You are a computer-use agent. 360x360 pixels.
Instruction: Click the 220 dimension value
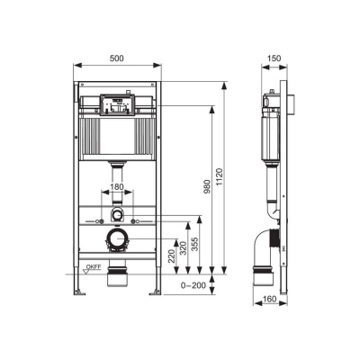pos(171,256)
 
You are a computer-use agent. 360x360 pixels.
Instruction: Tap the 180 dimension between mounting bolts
pos(116,188)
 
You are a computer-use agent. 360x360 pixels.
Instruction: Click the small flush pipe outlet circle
pos(116,216)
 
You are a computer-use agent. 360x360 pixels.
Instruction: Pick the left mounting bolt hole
pos(99,220)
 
